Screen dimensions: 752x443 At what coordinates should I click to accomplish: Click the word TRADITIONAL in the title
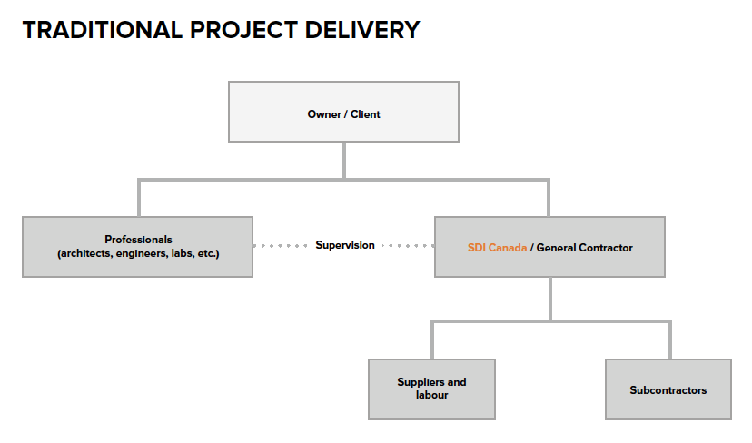click(x=102, y=30)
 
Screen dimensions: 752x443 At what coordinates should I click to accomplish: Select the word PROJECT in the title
click(x=243, y=30)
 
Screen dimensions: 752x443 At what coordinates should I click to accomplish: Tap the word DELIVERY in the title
click(x=362, y=30)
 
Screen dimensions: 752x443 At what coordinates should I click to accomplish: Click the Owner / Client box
click(x=343, y=112)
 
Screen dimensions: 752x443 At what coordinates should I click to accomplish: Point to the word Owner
click(x=324, y=114)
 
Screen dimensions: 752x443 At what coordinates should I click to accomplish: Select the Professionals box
click(x=138, y=247)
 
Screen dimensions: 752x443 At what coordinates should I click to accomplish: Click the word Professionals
click(x=138, y=240)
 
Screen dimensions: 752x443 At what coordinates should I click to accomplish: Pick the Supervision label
click(x=345, y=245)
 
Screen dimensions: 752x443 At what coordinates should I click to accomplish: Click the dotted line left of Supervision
click(x=281, y=246)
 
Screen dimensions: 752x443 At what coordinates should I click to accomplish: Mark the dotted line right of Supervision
click(x=408, y=246)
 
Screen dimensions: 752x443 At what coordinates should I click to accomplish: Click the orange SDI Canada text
click(x=497, y=248)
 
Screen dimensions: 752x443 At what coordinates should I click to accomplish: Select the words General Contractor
click(x=585, y=248)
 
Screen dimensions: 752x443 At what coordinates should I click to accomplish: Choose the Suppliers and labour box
click(x=431, y=389)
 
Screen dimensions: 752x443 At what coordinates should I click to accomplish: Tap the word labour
click(x=431, y=395)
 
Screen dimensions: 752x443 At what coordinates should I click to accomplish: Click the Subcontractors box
click(x=668, y=389)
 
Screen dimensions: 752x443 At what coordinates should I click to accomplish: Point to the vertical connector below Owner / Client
click(x=344, y=160)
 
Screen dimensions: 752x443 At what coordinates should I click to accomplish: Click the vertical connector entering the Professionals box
click(x=139, y=198)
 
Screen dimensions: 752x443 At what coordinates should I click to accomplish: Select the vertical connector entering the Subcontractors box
click(x=669, y=340)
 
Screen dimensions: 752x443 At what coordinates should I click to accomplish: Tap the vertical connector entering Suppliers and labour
click(x=432, y=340)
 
